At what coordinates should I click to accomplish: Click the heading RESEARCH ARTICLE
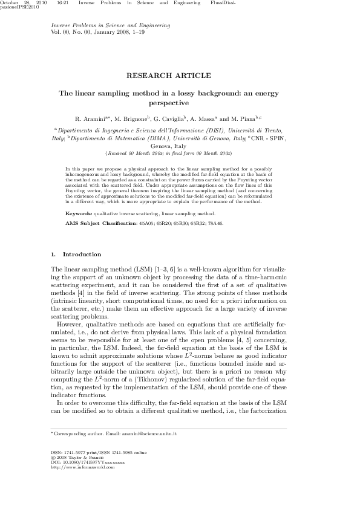click(x=168, y=76)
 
